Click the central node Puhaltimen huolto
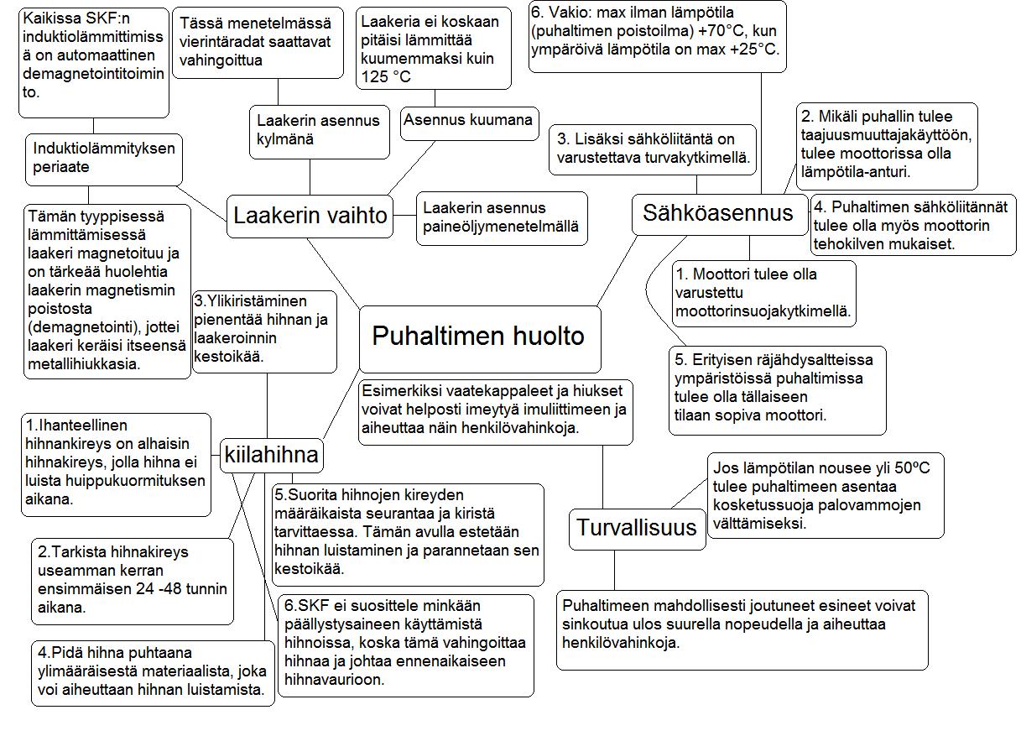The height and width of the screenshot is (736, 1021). click(479, 337)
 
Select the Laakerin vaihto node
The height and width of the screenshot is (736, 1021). click(310, 216)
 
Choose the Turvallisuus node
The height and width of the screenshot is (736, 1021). click(637, 528)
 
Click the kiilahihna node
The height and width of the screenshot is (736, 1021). click(271, 456)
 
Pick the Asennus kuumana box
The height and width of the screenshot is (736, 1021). click(467, 120)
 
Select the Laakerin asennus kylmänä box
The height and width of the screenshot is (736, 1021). click(319, 130)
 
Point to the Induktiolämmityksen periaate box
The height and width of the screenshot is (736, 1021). click(104, 158)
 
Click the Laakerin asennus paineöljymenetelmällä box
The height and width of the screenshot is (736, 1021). click(501, 217)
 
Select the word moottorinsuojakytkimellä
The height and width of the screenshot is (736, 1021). click(763, 311)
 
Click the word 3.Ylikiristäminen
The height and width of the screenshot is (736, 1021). click(250, 300)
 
